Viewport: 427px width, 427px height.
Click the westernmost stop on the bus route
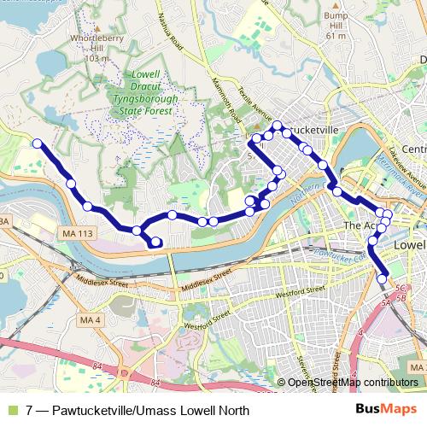pyautogui.click(x=38, y=143)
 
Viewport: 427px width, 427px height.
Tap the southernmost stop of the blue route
pyautogui.click(x=383, y=278)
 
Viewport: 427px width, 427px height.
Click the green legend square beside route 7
pyautogui.click(x=11, y=410)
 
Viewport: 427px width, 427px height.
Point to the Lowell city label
pyautogui.click(x=410, y=245)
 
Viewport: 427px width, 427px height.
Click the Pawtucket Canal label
pyautogui.click(x=342, y=253)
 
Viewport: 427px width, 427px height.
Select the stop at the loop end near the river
pyautogui.click(x=155, y=243)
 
